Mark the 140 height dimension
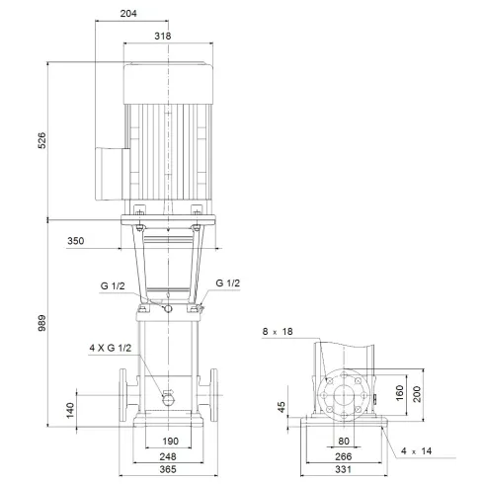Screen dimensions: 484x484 pos(71,410)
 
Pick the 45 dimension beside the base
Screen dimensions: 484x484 pos(283,406)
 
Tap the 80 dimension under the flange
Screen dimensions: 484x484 pos(345,441)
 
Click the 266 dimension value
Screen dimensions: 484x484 pos(345,456)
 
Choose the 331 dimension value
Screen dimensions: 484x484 pos(345,472)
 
